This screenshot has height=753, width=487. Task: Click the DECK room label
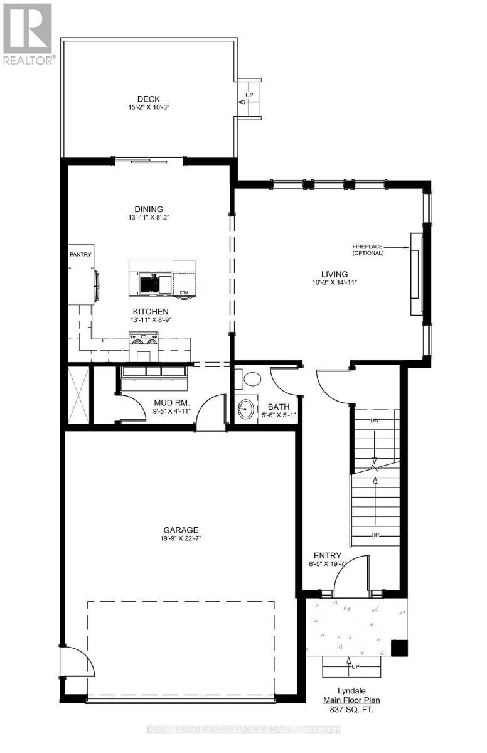point(149,99)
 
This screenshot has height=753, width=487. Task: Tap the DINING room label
point(148,210)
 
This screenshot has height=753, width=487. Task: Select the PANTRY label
point(80,254)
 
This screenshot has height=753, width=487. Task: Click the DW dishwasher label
point(184,292)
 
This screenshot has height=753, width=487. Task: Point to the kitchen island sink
point(149,285)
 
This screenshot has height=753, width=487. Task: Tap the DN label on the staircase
point(375,420)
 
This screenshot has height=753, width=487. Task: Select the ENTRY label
point(327,555)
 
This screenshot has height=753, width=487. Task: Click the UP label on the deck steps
point(249,95)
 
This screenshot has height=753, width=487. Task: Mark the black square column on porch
point(398,648)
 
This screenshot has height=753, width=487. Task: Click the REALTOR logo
point(28,35)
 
